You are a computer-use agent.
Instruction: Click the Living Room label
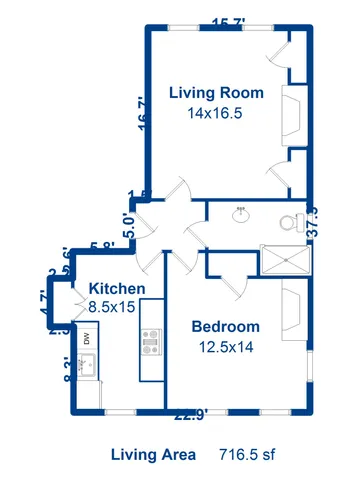point(216,93)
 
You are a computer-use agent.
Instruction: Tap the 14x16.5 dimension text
point(215,113)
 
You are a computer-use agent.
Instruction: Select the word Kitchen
point(117,289)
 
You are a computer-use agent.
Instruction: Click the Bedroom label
point(225,327)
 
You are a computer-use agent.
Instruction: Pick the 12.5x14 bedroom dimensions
point(225,347)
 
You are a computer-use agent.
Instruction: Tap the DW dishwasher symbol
point(87,338)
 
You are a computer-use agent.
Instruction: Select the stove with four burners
point(151,344)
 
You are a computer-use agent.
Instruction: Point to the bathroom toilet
point(291,222)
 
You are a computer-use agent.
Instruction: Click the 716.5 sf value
point(246,454)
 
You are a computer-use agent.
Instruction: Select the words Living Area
point(152,454)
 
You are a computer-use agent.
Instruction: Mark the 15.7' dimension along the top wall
point(230,22)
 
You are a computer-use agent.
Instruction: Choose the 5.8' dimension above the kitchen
point(101,247)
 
